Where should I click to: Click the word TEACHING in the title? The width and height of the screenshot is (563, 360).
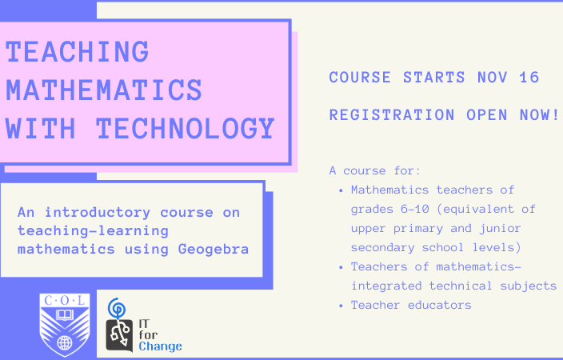[78, 52]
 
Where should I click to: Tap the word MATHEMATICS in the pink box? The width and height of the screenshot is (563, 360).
[104, 90]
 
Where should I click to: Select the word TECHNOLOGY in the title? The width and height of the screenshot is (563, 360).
[186, 128]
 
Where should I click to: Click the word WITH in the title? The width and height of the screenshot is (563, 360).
[41, 128]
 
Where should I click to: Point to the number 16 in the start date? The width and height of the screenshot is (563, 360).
[529, 78]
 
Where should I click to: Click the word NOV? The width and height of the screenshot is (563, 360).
[493, 78]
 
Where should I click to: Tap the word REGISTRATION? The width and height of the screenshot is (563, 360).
[392, 115]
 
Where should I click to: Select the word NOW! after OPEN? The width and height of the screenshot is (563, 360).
[539, 115]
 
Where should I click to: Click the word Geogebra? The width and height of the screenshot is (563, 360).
[214, 250]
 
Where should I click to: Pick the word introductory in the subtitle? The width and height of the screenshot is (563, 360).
[98, 212]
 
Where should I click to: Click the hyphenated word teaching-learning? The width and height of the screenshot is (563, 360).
[93, 231]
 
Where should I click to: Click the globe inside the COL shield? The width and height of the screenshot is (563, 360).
[65, 342]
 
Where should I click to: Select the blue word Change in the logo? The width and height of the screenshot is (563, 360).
[160, 346]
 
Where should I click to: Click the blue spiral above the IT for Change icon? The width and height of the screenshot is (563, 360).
[117, 308]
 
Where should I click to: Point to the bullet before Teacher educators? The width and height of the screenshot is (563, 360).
[341, 306]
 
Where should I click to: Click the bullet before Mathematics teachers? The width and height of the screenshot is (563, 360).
[341, 190]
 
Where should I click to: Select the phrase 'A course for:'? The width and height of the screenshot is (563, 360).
[374, 170]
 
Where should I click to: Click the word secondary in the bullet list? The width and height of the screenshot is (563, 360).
[382, 247]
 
